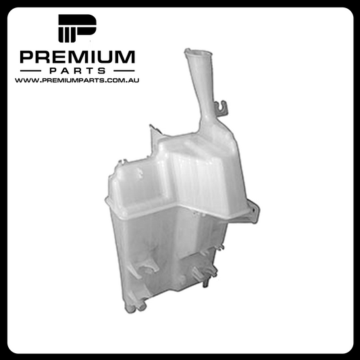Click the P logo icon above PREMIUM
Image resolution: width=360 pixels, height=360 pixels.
pyautogui.click(x=77, y=28)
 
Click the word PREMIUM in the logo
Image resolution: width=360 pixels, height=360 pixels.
pyautogui.click(x=78, y=57)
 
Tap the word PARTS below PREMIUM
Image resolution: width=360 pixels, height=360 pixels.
pyautogui.click(x=78, y=71)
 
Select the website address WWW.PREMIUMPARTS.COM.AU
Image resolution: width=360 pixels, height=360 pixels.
pyautogui.click(x=77, y=80)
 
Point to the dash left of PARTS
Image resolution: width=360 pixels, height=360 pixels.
pyautogui.click(x=30, y=71)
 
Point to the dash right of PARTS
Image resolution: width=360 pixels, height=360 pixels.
pyautogui.click(x=124, y=71)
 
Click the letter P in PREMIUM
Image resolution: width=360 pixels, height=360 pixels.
pyautogui.click(x=27, y=57)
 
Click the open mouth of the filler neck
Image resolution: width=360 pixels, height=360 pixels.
pyautogui.click(x=198, y=53)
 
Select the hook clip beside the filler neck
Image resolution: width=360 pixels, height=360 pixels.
pyautogui.click(x=222, y=108)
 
